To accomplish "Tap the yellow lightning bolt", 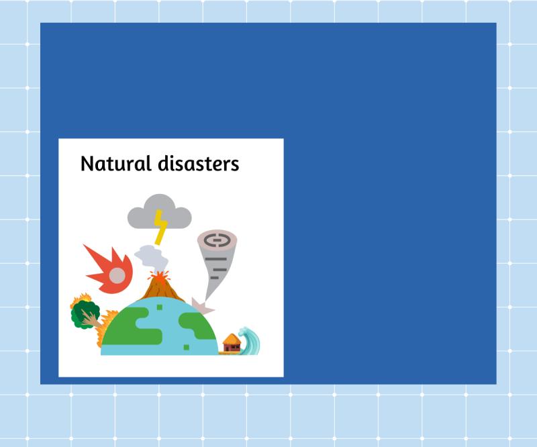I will click(x=160, y=227).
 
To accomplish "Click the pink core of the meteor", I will click(x=117, y=275).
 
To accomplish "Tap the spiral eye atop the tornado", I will click(x=217, y=239).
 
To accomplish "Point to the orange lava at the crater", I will click(x=158, y=276).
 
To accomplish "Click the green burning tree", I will click(x=85, y=313).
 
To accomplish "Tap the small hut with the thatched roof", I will click(x=232, y=343).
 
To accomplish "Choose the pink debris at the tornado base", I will click(x=202, y=306).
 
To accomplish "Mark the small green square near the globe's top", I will click(x=160, y=307).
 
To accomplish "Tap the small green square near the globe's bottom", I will click(x=186, y=347).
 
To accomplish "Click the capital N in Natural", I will click(x=87, y=164).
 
